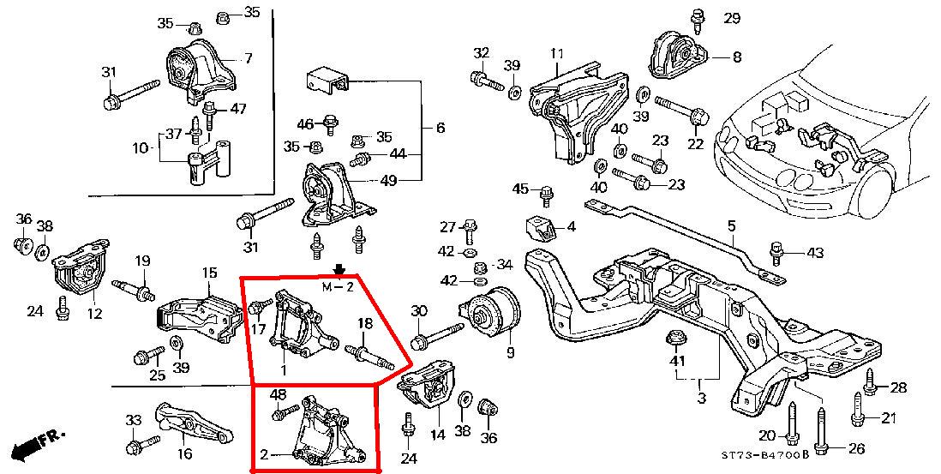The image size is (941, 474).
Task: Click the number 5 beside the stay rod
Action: point(731,226)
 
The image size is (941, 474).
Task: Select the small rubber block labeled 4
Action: point(537,229)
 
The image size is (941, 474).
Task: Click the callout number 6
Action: point(441,128)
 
